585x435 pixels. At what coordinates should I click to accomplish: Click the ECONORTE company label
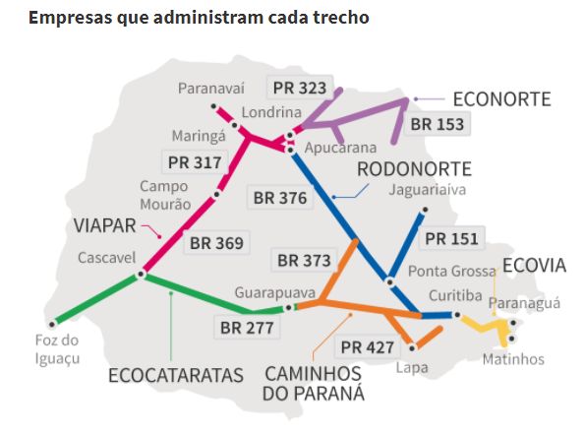[501, 98]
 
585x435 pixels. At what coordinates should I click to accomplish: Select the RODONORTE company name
[414, 167]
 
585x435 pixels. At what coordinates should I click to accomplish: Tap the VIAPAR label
[104, 225]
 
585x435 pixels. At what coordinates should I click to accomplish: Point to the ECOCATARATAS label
[176, 375]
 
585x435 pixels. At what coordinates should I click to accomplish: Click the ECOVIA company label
[534, 265]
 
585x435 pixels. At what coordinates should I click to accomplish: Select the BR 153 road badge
[438, 124]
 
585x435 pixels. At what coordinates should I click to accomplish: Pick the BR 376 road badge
[280, 198]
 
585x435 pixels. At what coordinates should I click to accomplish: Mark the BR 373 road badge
[304, 260]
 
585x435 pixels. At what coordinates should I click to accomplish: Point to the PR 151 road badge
[451, 238]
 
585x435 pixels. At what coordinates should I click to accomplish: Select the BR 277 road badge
[247, 327]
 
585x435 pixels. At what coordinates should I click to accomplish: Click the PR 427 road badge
[368, 346]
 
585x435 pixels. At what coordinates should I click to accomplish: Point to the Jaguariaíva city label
[427, 189]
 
